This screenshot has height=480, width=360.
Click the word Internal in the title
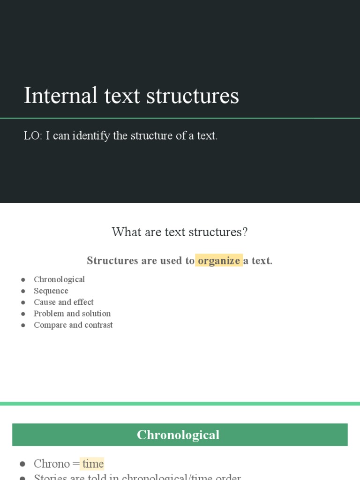60,96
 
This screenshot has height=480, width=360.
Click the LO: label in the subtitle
33,136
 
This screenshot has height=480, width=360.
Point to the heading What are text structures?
180,232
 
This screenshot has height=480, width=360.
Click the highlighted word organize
219,261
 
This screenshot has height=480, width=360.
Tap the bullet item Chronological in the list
59,279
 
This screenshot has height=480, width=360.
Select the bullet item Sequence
51,291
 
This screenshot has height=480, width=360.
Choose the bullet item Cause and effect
63,302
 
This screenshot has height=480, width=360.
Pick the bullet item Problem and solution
72,314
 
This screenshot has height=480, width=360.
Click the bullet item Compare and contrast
73,325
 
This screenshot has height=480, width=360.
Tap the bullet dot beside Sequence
23,291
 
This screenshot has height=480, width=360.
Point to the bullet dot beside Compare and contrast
23,325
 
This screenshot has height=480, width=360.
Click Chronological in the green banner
178,435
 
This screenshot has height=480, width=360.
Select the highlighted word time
93,464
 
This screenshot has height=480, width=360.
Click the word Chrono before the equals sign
52,464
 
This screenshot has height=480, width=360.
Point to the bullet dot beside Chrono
22,464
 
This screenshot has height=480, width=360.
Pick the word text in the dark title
122,96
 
